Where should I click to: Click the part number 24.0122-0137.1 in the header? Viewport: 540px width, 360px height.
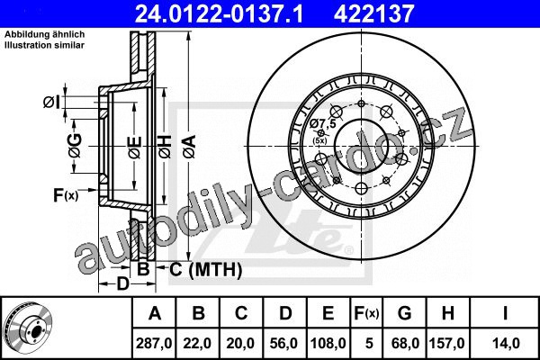[x=219, y=13]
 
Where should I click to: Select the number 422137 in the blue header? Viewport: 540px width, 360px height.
[x=373, y=13]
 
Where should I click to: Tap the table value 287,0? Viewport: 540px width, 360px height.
[x=154, y=343]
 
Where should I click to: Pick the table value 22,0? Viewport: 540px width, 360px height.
[x=197, y=343]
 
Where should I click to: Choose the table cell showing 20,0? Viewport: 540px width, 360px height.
[x=240, y=343]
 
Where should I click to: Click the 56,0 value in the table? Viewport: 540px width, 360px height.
[x=283, y=343]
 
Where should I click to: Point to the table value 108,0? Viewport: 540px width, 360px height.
[x=328, y=343]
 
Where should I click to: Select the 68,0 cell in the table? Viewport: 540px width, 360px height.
[x=405, y=343]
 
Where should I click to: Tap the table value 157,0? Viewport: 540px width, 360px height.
[x=447, y=343]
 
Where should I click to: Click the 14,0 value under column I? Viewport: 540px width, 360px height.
[x=505, y=343]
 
